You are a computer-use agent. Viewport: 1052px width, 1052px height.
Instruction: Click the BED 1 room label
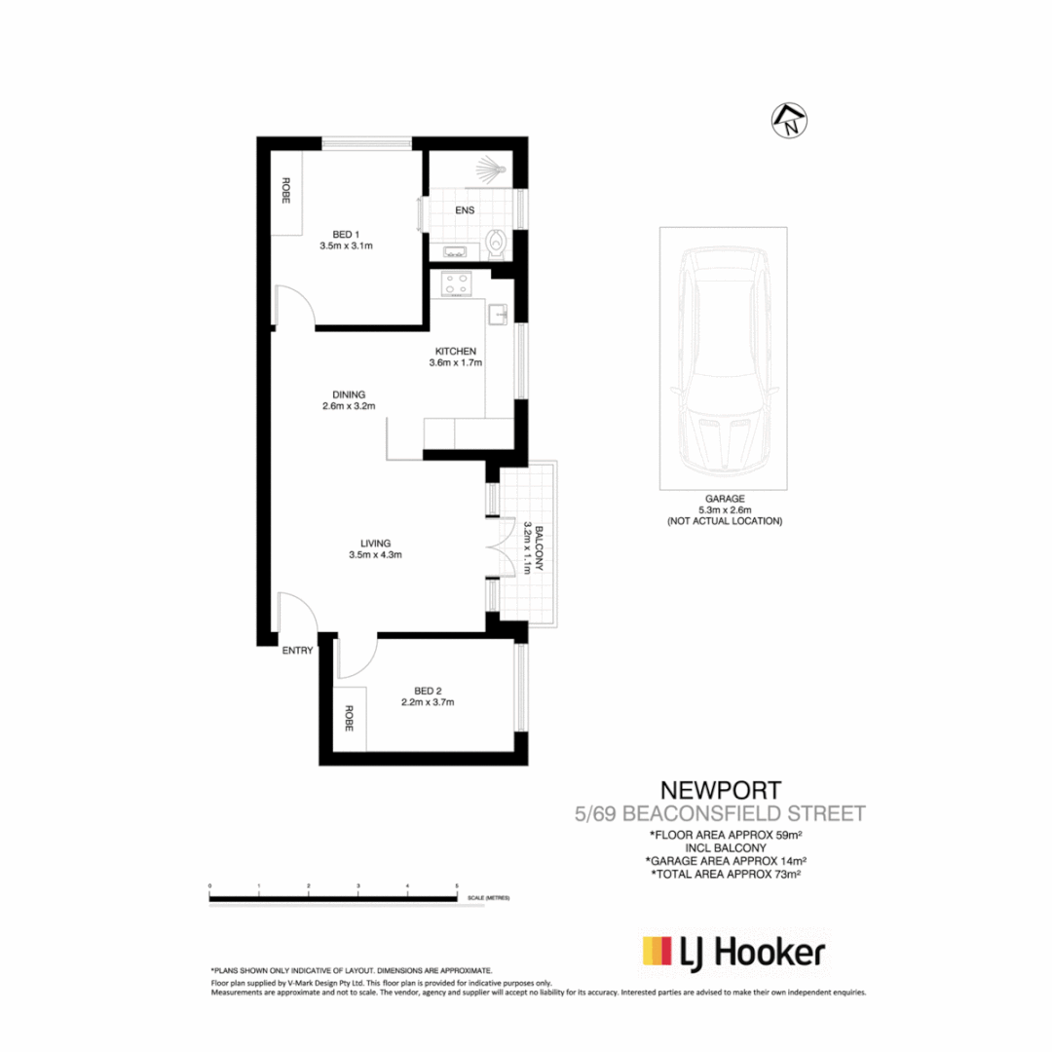coord(346,234)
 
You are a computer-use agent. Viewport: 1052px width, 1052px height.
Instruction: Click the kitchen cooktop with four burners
coord(457,284)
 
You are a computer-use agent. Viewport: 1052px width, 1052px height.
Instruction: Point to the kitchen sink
coord(498,314)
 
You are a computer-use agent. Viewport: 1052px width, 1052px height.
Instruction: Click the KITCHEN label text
coord(455,351)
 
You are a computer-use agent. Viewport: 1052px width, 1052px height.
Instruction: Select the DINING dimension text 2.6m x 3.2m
coord(349,406)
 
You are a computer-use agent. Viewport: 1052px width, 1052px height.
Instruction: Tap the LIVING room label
coord(375,543)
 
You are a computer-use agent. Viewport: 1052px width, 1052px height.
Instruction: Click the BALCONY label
coord(539,549)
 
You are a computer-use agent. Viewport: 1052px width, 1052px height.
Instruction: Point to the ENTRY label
coord(297,651)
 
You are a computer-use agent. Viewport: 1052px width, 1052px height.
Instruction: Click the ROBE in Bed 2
coord(349,719)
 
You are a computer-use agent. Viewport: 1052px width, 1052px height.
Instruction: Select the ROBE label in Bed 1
coord(286,192)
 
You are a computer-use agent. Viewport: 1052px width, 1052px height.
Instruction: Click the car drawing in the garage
coord(723,357)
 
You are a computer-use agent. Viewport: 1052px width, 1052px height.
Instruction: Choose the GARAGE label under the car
coord(724,497)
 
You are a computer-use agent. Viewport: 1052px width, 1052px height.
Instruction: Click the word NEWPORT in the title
coord(720,789)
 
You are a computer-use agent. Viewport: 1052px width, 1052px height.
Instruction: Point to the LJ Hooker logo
coord(733,952)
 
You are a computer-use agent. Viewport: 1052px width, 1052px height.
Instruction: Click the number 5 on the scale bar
coord(457,885)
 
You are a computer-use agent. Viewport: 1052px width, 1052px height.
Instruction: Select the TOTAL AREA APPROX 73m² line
coord(725,875)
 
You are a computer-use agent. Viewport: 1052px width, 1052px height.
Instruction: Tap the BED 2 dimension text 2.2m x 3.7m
coord(429,701)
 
